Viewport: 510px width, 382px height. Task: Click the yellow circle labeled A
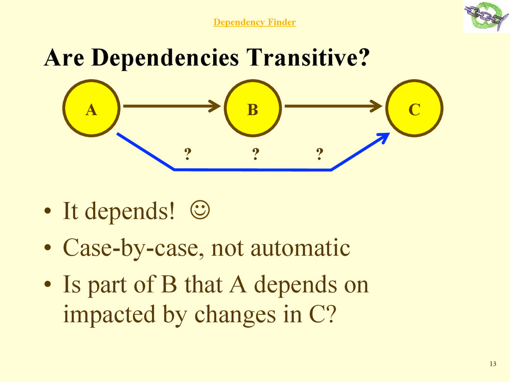(x=91, y=108)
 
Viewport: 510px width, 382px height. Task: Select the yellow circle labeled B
(x=253, y=108)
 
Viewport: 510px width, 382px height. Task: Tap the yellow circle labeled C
(x=414, y=108)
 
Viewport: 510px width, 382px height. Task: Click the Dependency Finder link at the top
(x=255, y=22)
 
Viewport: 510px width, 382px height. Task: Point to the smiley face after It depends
(x=199, y=211)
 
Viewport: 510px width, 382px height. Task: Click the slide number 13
(x=493, y=364)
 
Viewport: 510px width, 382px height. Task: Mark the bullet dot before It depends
(x=47, y=212)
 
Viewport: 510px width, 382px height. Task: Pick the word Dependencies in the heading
(x=166, y=58)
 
